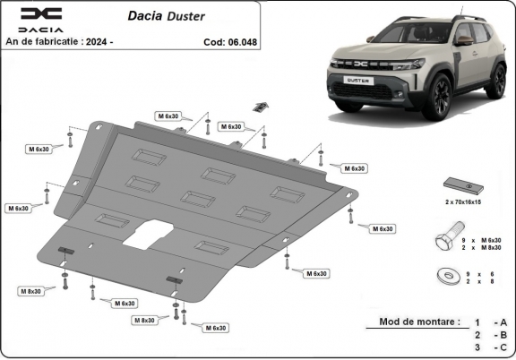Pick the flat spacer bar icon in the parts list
click(465, 185)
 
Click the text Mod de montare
click(420, 321)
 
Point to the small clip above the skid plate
click(260, 106)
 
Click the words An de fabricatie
click(44, 41)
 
